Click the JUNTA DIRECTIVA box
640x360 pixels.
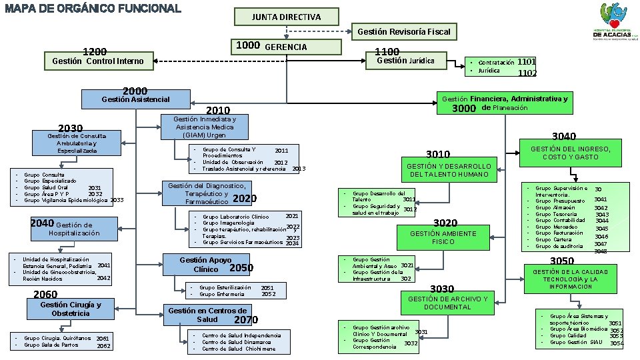(286, 17)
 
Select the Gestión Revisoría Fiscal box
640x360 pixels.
(403, 31)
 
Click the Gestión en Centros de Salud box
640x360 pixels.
(207, 315)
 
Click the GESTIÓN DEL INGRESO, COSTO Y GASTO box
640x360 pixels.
(570, 153)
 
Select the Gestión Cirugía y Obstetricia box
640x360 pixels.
(70, 309)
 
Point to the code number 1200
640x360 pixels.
(95, 51)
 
